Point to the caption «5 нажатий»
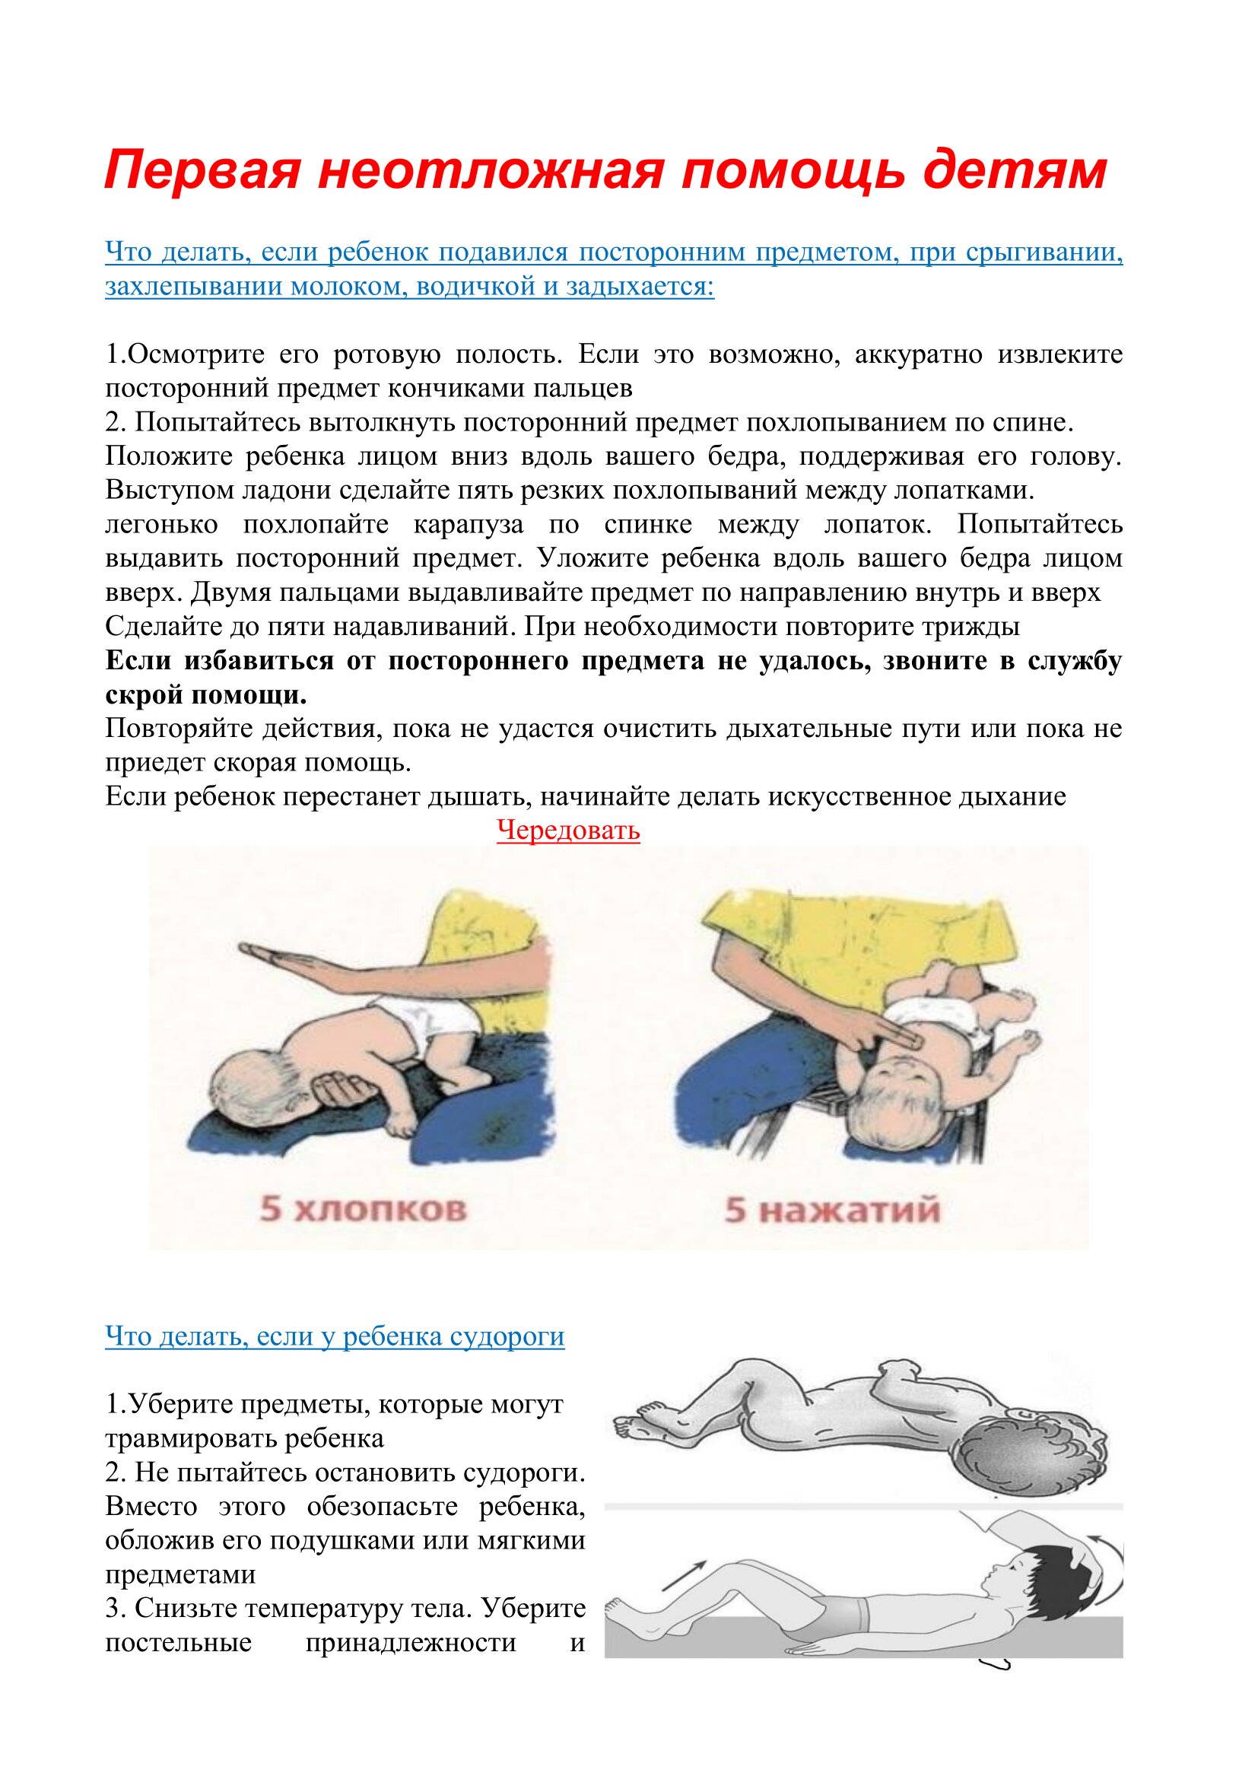832,1209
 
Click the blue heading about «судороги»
335,1336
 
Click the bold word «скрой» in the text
143,695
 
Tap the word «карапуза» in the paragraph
468,525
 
